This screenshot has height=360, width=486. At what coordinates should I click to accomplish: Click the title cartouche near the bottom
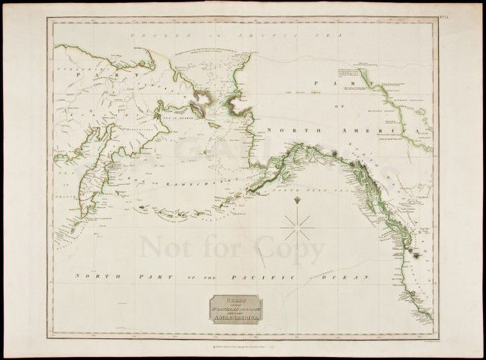236,307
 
